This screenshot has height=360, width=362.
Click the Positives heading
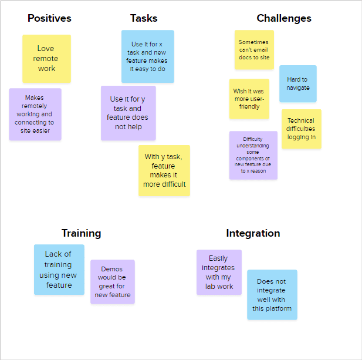49,18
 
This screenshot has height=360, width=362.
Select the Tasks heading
144,18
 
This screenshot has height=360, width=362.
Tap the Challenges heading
284,18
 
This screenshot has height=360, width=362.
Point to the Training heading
81,233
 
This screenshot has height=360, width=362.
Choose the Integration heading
253,233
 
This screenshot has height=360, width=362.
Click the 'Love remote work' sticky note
46,59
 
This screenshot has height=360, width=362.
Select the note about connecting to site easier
35,114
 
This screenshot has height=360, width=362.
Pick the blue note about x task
148,56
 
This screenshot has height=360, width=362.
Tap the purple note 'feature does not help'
128,113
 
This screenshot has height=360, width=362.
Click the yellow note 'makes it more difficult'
164,170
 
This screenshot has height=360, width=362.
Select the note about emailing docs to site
254,50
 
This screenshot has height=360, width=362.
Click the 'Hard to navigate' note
297,83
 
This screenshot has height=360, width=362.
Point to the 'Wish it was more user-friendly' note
249,99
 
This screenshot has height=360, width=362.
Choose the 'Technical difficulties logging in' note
301,129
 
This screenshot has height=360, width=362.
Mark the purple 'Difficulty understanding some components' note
253,155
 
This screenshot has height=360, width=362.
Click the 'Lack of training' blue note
59,270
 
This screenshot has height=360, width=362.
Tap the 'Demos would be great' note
112,282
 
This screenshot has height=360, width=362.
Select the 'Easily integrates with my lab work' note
219,272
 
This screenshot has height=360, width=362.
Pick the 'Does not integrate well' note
272,295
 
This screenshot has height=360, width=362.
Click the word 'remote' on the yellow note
46,59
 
